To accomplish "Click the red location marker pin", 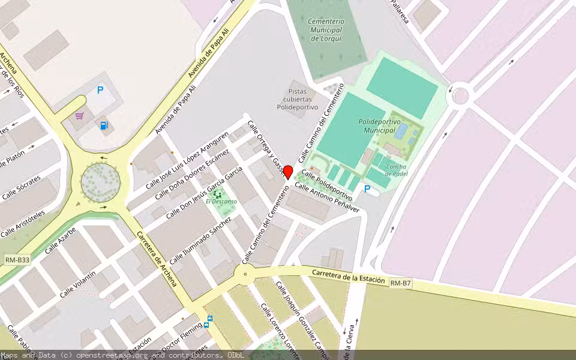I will pyautogui.click(x=287, y=173).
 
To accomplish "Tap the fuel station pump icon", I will pyautogui.click(x=104, y=126).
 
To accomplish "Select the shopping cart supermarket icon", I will pyautogui.click(x=79, y=116).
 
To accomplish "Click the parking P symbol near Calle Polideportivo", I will pyautogui.click(x=367, y=189).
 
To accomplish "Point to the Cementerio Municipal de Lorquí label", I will pyautogui.click(x=325, y=30).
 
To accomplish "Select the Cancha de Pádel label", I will pyautogui.click(x=396, y=170).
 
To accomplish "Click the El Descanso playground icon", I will pyautogui.click(x=217, y=194).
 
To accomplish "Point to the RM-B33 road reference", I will pyautogui.click(x=17, y=260).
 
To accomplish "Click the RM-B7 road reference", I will pyautogui.click(x=400, y=282).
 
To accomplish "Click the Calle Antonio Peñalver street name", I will pyautogui.click(x=327, y=198).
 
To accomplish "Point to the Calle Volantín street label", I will pyautogui.click(x=78, y=284).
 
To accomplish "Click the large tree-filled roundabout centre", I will pyautogui.click(x=100, y=179).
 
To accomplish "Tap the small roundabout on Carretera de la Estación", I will pyautogui.click(x=244, y=274).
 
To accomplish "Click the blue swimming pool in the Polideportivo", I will pyautogui.click(x=400, y=131).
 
